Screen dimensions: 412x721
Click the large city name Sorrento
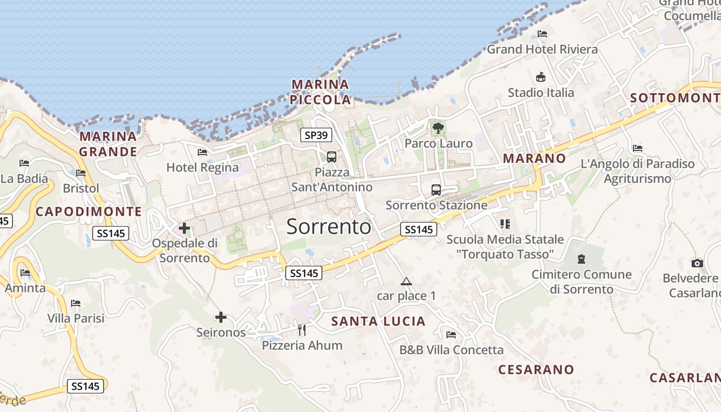click(329, 227)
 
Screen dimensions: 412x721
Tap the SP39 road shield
click(316, 135)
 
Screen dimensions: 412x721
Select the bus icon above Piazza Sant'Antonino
click(332, 157)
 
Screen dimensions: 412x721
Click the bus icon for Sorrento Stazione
click(436, 190)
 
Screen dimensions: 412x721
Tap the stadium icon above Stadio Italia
click(541, 77)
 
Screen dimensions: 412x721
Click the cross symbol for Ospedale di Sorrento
click(184, 228)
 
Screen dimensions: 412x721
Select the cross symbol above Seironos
click(221, 317)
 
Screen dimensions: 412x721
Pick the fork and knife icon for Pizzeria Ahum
click(302, 330)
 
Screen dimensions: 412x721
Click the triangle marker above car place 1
click(406, 281)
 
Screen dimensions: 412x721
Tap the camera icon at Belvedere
click(697, 263)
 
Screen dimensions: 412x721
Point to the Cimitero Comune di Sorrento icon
click(581, 259)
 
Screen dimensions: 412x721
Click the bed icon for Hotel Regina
click(202, 152)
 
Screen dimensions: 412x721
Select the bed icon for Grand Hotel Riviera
click(542, 34)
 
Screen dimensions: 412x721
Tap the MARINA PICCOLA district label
click(320, 92)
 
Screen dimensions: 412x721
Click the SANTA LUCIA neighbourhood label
click(379, 321)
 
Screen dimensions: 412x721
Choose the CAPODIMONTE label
click(89, 211)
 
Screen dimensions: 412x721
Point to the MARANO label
click(534, 158)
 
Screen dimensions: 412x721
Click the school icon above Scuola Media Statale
click(505, 224)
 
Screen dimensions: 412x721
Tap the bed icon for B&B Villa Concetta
click(451, 335)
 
